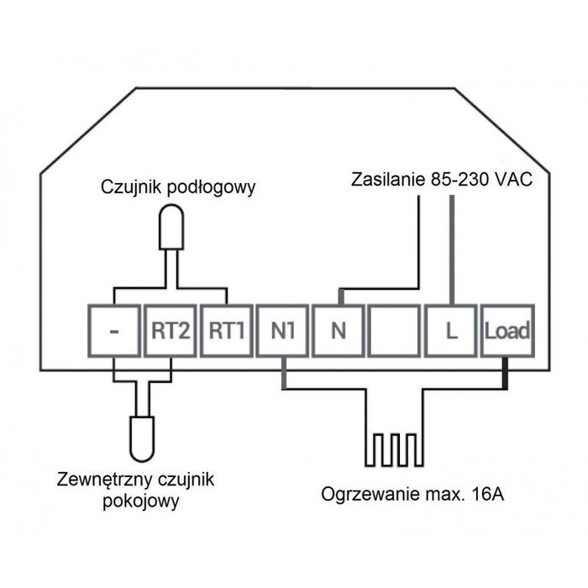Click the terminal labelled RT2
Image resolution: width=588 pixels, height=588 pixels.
click(170, 330)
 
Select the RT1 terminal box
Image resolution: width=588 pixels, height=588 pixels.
click(226, 330)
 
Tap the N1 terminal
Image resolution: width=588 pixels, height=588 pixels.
click(282, 330)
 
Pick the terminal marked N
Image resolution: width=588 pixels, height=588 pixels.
click(339, 330)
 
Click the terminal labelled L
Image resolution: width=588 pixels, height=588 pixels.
click(451, 330)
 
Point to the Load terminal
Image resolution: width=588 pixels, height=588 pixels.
click(507, 330)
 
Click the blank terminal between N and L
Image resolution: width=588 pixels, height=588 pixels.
click(395, 330)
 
